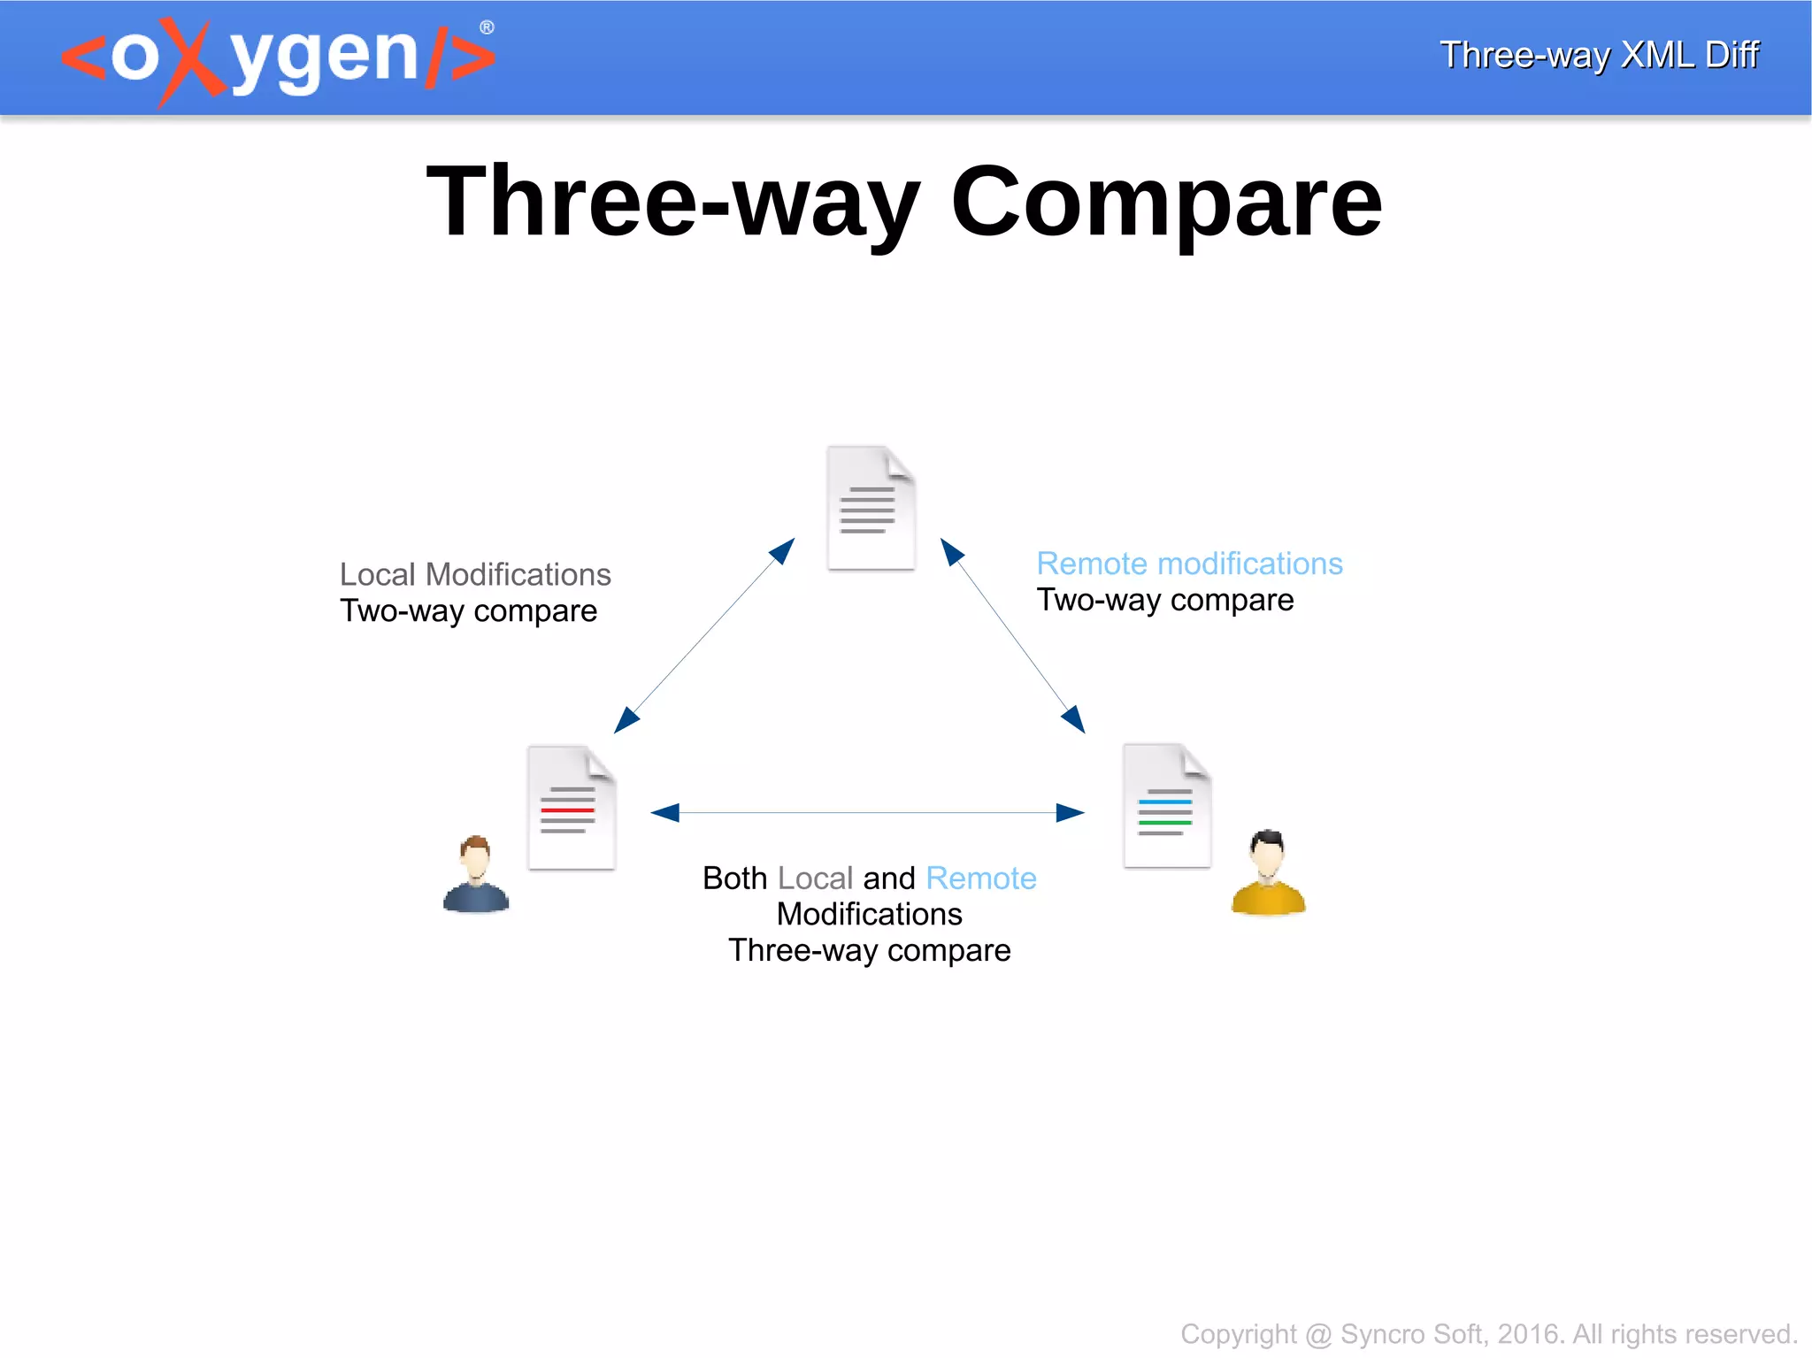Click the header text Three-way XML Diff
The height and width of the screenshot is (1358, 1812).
(x=1599, y=55)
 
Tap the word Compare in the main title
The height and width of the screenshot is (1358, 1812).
(x=1166, y=203)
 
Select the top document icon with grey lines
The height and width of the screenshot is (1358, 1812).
(x=871, y=508)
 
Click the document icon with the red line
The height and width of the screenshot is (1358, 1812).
(x=572, y=808)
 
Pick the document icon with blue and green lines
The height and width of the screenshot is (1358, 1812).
(x=1167, y=806)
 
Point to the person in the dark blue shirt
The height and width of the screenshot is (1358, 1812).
(x=476, y=875)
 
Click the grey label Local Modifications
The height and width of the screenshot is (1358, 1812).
(x=475, y=574)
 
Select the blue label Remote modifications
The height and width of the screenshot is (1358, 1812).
(x=1189, y=564)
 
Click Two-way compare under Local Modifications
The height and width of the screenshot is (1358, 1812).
(x=468, y=611)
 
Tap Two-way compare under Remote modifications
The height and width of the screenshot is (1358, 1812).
(x=1164, y=600)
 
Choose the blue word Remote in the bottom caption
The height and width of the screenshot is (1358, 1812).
(x=980, y=878)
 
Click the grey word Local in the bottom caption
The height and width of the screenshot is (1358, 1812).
(x=815, y=878)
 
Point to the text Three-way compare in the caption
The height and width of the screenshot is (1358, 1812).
(x=869, y=950)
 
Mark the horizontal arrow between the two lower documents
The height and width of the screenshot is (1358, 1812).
(x=867, y=812)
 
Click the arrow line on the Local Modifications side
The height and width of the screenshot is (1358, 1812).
(x=704, y=635)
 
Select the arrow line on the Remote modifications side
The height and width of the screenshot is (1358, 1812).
(x=1012, y=635)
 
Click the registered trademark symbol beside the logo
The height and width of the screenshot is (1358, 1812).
(x=487, y=27)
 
